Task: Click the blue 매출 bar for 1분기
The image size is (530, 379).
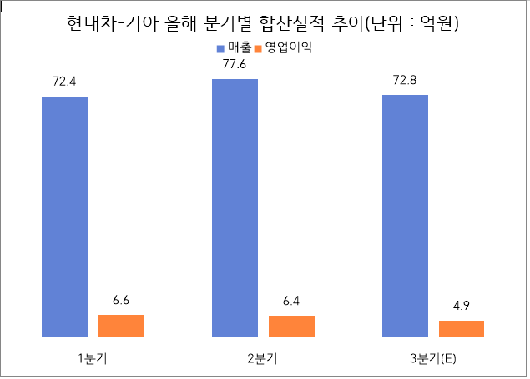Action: click(64, 217)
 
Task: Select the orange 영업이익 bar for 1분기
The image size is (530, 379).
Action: click(121, 326)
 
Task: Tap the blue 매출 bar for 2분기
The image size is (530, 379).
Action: click(235, 208)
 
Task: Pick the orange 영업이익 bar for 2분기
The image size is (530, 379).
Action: click(291, 327)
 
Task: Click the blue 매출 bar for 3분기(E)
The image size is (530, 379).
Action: click(405, 216)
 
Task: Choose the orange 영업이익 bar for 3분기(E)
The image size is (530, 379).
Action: click(462, 329)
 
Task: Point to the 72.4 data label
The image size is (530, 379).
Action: click(64, 83)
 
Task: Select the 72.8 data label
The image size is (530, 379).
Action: click(405, 82)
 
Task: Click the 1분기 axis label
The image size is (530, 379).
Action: click(93, 358)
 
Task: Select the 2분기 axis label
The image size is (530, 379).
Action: click(263, 358)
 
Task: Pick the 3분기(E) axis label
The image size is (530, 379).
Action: click(433, 358)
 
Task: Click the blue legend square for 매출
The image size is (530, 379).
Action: click(220, 48)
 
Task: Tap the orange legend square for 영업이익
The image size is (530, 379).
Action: click(259, 48)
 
